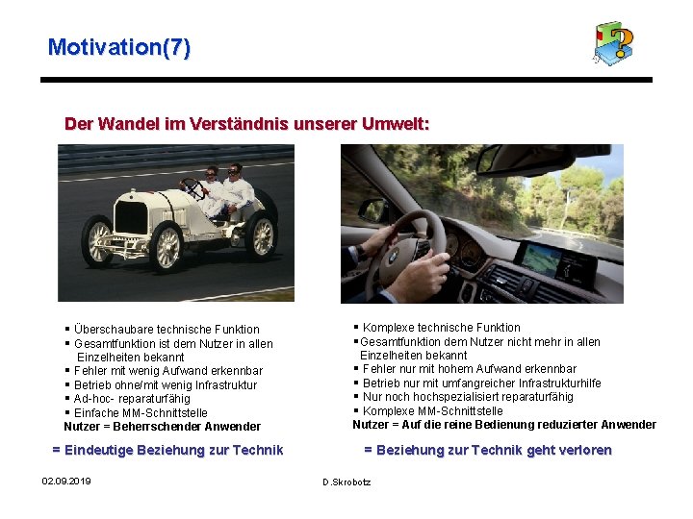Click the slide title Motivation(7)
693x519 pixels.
(119, 46)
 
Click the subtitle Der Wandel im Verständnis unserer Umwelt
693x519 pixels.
(246, 124)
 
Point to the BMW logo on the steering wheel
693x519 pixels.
(393, 258)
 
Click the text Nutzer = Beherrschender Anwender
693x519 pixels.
(162, 427)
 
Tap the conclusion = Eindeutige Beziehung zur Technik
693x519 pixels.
(167, 450)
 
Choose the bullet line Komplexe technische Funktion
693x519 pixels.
(441, 328)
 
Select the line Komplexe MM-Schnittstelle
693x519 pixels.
(432, 410)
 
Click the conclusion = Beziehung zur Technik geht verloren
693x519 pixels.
(487, 450)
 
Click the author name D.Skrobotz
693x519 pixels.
(346, 482)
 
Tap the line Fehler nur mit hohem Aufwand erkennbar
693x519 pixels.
(469, 369)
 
